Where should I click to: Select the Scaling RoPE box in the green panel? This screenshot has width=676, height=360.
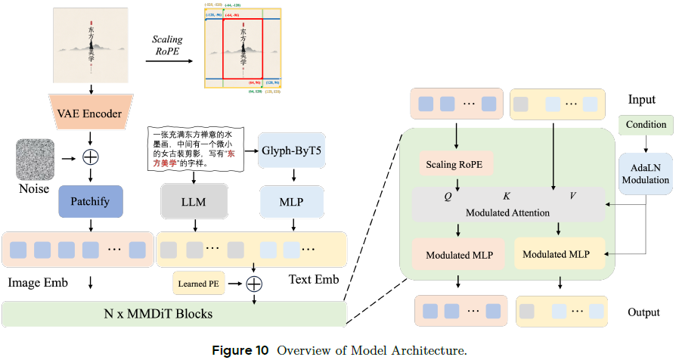[456, 163]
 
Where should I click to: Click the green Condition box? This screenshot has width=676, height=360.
[645, 124]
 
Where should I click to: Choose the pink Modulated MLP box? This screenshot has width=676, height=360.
[456, 254]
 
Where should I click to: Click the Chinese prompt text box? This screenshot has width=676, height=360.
[194, 147]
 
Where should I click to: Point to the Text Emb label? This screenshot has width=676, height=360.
[313, 280]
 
